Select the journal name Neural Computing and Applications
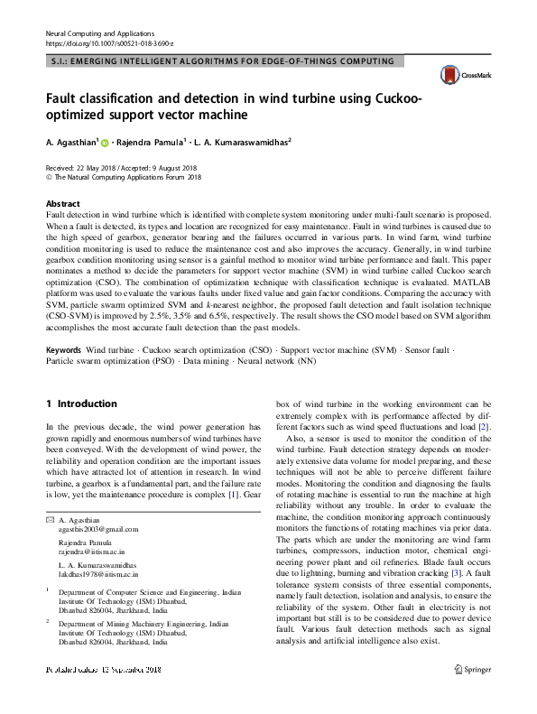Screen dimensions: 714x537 [100, 32]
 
